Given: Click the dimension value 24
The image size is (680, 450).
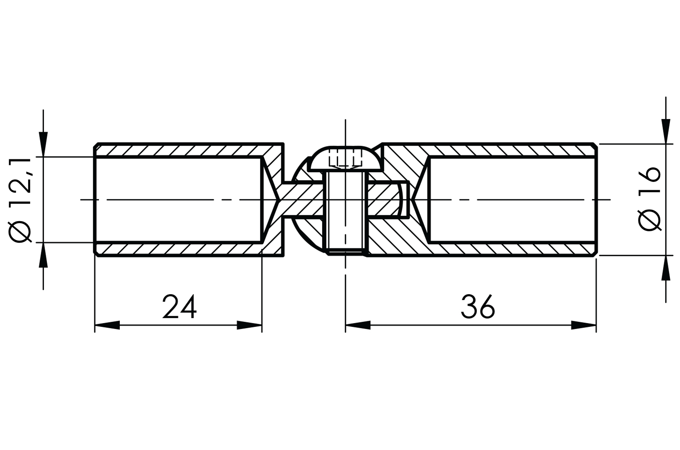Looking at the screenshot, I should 179,307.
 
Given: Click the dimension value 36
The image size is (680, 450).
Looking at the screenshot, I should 478,307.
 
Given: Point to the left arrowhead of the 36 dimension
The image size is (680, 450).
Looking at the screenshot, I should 358,325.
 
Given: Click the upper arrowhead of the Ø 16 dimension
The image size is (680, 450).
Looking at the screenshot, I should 666,131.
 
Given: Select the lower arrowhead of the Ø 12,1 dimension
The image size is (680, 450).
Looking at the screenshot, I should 43,255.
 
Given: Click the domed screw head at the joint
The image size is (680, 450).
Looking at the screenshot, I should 345,159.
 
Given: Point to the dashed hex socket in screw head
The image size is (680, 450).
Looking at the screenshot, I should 345,158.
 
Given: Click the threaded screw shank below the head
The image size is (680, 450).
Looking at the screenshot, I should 346,214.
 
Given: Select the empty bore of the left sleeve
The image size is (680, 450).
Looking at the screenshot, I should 178,200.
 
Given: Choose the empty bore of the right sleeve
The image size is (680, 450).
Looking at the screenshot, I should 512,200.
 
